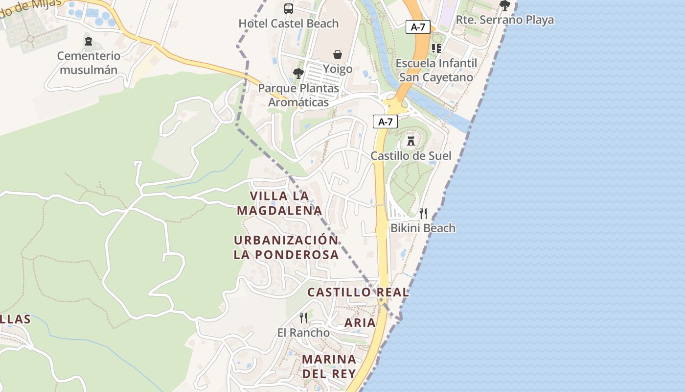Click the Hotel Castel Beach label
tap(288, 23)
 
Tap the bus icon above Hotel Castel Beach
tap(289, 8)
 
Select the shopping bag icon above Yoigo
tap(337, 54)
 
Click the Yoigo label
tap(338, 69)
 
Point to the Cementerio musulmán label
tap(89, 63)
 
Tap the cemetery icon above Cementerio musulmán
tap(88, 41)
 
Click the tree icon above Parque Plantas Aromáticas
tap(298, 73)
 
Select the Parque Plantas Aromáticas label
tap(298, 96)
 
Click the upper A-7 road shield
tap(418, 27)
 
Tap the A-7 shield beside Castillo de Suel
tap(385, 122)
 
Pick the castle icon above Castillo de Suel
tap(411, 141)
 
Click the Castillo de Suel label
tap(411, 156)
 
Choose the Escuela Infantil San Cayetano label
tap(436, 70)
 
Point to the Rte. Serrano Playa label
tap(505, 20)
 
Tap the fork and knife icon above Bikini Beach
tap(423, 213)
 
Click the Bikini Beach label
tap(423, 228)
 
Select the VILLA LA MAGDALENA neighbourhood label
tap(279, 203)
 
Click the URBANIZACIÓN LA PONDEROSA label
tap(286, 247)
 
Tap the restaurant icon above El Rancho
tap(303, 318)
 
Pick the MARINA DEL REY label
tap(329, 366)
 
